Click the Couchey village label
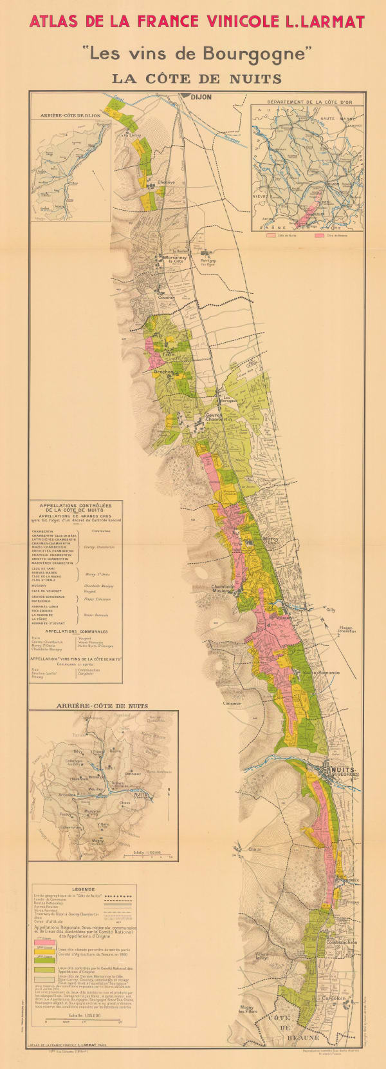click(166, 298)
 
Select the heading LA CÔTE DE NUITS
click(196, 79)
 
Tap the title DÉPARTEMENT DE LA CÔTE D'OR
click(306, 102)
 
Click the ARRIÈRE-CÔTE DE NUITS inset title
click(102, 706)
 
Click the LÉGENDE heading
click(84, 889)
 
